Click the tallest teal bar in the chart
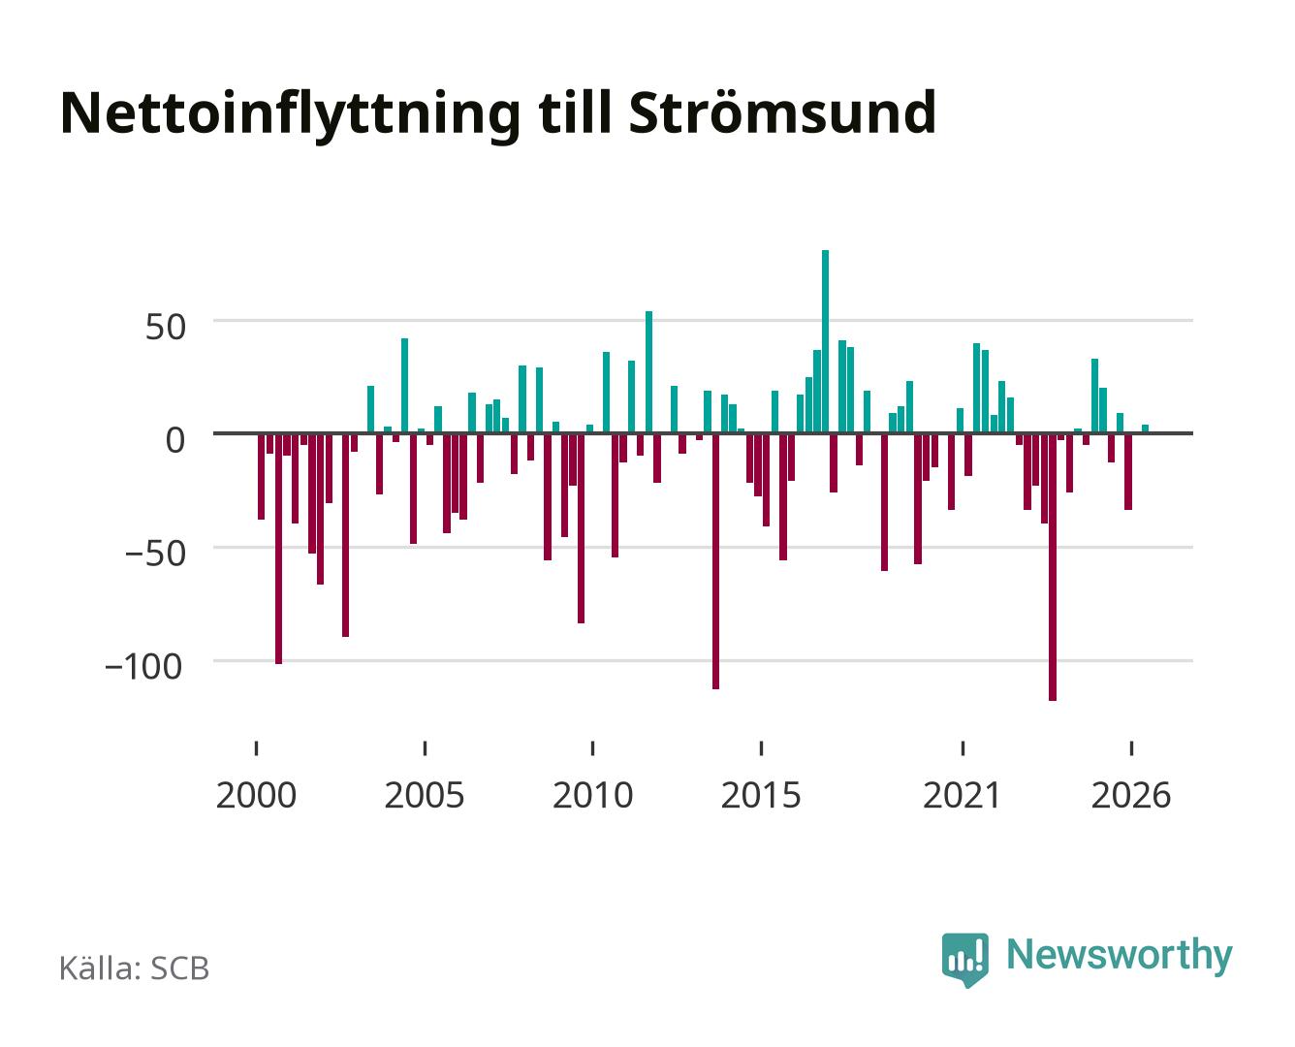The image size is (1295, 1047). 825,341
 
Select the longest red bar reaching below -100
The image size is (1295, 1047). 1053,567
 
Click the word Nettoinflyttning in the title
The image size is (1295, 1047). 290,115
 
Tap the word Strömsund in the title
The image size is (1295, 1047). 782,112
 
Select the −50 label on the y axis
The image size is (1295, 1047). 155,554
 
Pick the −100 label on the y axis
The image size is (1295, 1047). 143,666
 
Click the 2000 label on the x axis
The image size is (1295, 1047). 256,796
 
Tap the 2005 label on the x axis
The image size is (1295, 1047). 425,796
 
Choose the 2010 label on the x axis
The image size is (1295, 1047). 593,796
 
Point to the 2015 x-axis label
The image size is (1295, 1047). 761,796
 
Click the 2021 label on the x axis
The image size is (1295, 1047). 962,796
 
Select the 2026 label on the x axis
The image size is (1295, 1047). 1131,796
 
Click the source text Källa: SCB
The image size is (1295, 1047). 135,968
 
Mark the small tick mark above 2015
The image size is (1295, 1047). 761,748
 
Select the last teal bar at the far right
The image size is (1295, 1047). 1145,428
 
